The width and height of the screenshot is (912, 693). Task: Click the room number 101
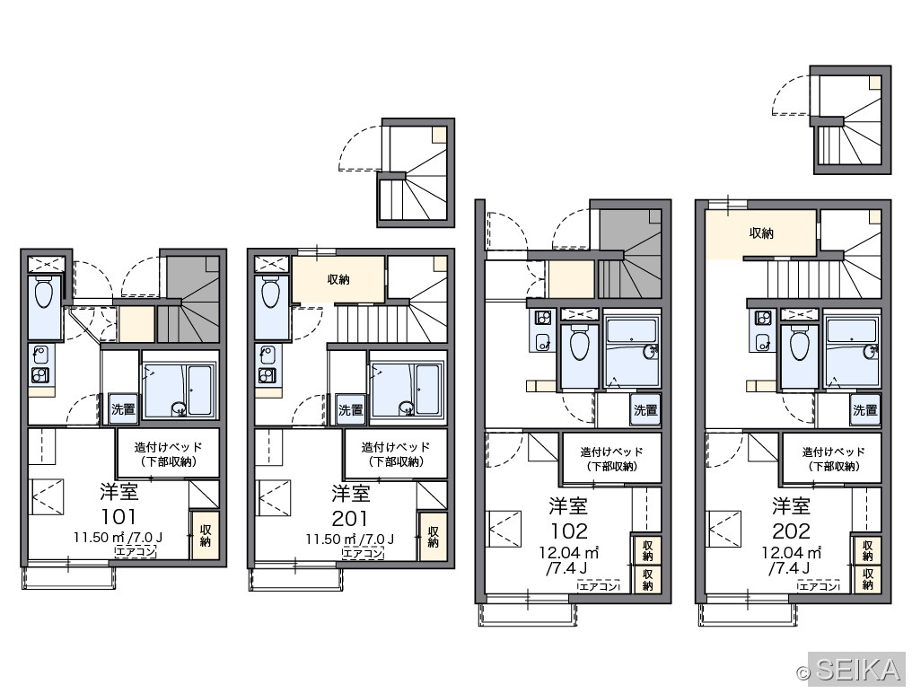point(119,516)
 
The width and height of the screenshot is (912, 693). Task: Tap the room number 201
point(349,518)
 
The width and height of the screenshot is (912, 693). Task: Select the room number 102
point(569,531)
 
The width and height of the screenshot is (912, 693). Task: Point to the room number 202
point(791,531)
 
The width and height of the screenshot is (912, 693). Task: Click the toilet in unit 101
point(44,294)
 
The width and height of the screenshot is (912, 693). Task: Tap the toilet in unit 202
point(799,346)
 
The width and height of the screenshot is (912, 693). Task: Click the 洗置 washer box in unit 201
point(351,409)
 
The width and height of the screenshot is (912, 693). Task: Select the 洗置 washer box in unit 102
point(645,410)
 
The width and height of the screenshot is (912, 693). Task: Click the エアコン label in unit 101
point(136,551)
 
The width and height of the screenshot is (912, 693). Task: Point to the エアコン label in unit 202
point(819,586)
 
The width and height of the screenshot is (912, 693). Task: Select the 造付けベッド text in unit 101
point(168,447)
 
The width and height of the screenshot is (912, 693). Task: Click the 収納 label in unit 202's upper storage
point(761,233)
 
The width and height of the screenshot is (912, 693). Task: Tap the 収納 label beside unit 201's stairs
point(338,279)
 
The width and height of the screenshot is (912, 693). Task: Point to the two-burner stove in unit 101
point(40,375)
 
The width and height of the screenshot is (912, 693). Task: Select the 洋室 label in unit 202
point(791,506)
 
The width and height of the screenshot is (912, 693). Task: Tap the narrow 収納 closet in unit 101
point(206,535)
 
